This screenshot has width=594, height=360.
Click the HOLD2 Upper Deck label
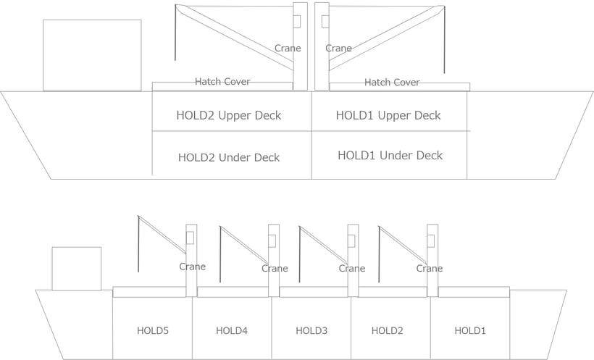(229, 116)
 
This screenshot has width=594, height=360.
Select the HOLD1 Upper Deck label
(388, 116)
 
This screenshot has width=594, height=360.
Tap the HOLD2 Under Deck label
(229, 157)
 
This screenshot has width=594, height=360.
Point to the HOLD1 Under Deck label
(390, 155)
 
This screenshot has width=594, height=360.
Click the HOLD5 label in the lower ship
(153, 331)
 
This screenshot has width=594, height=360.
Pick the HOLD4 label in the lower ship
(232, 331)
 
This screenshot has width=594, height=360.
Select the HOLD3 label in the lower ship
(311, 331)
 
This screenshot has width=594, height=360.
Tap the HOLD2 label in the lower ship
(387, 331)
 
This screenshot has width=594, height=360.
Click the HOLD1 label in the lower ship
(470, 331)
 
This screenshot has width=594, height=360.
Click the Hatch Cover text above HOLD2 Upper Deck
(223, 81)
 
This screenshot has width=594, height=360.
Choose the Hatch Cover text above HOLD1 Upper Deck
(392, 83)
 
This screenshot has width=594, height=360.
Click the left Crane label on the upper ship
(288, 48)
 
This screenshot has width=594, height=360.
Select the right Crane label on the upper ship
(339, 48)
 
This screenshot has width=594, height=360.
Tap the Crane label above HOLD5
(193, 267)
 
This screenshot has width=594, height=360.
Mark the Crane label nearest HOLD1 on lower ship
(430, 269)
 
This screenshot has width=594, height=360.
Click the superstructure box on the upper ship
(92, 55)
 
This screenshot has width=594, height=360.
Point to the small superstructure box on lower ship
(77, 269)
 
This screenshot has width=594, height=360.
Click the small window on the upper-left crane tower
(297, 21)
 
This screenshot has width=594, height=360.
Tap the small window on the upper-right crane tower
(325, 21)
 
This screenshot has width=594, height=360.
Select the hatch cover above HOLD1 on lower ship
(474, 292)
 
